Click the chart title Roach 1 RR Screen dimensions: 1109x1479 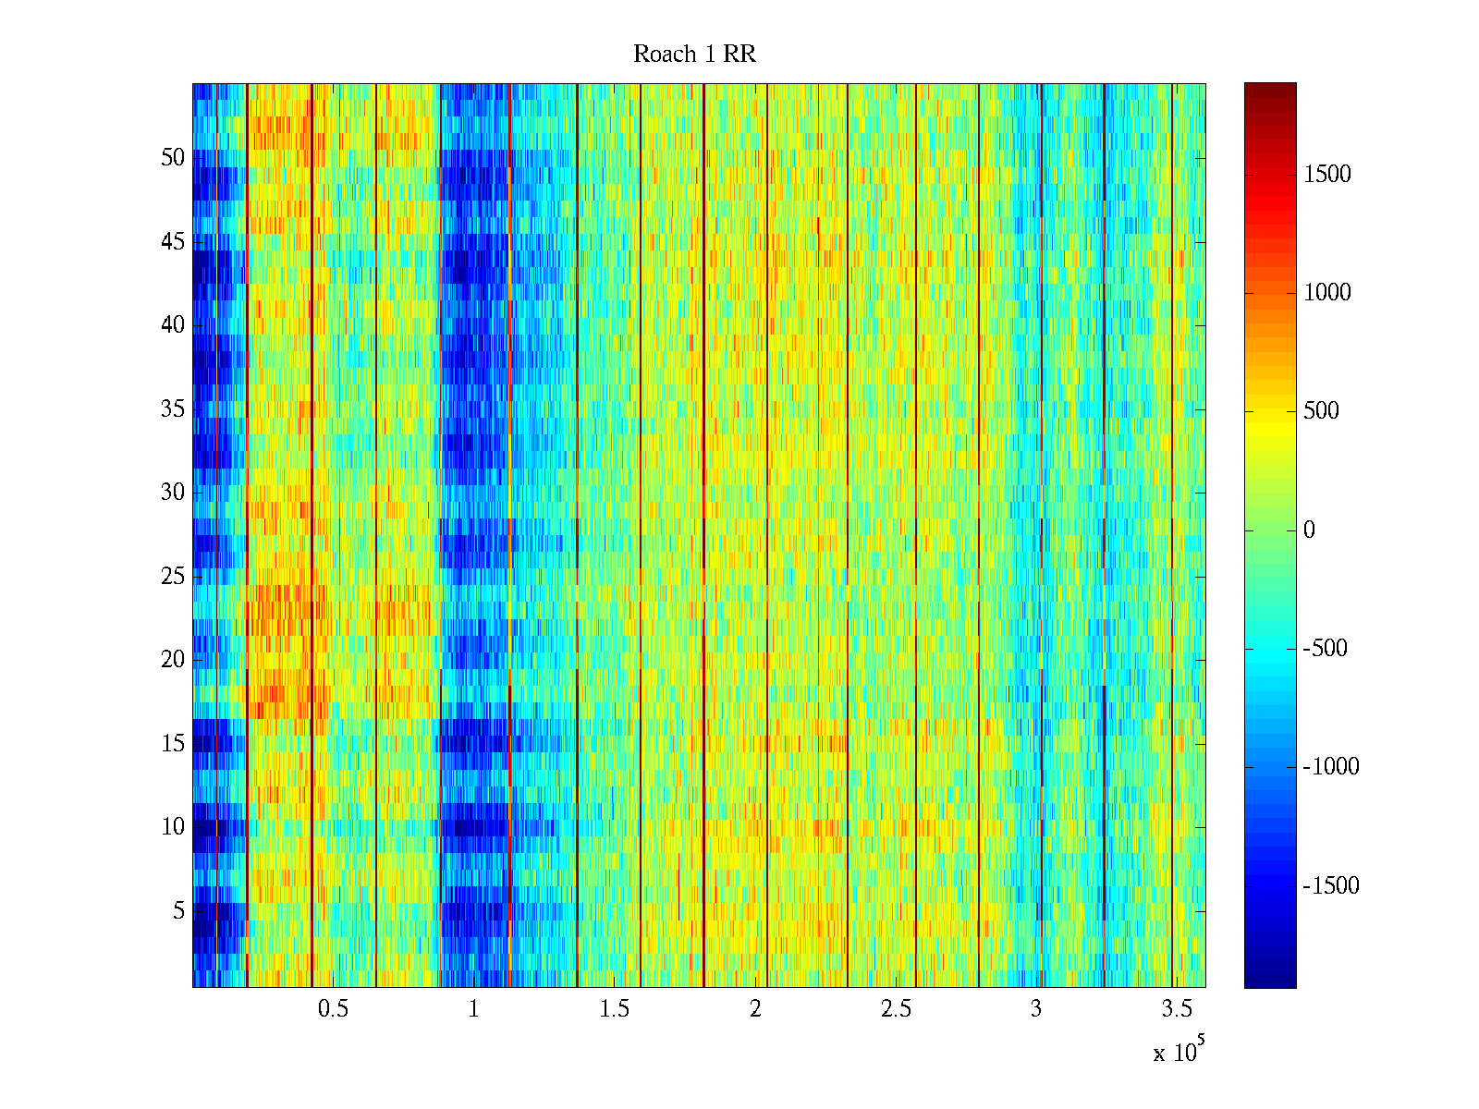point(694,55)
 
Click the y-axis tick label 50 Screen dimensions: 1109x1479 point(173,158)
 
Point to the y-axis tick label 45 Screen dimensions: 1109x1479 point(173,242)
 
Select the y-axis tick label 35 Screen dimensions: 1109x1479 point(173,409)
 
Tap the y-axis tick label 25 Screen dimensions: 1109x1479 point(173,577)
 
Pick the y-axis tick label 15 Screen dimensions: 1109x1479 point(173,744)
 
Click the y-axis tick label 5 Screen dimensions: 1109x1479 point(179,911)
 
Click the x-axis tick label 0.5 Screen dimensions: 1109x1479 point(333,1009)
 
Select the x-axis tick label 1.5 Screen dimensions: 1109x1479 point(614,1009)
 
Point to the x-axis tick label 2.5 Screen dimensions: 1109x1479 point(896,1009)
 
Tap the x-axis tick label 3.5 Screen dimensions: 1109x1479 point(1177,1009)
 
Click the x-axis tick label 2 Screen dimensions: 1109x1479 point(755,1009)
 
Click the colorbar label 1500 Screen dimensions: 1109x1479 point(1327,175)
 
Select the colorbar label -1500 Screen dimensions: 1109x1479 point(1331,886)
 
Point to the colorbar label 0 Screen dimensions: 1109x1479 point(1309,530)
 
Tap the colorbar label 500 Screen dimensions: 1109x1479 point(1322,411)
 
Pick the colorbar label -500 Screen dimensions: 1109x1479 point(1326,649)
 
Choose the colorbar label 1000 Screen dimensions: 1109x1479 point(1327,293)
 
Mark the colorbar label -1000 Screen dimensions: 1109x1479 point(1331,767)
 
